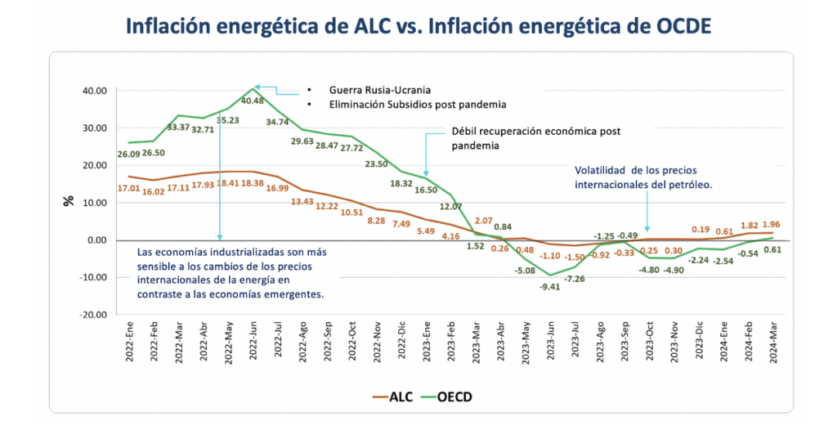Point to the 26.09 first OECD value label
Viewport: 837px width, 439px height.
128,154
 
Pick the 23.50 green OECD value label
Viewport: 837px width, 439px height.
375,164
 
